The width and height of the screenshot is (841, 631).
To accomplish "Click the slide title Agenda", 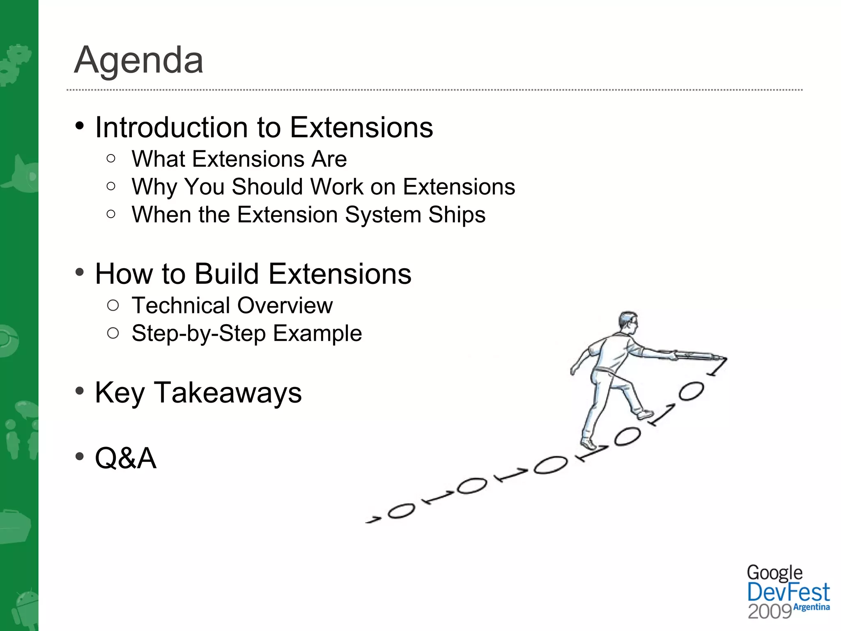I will [x=139, y=60].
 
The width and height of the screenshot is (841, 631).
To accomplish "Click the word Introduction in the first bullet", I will [x=172, y=127].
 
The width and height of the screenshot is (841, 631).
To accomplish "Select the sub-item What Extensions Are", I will [x=239, y=159].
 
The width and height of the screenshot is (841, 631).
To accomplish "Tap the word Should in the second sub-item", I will [x=267, y=187].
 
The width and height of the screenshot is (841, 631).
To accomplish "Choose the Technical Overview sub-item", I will [x=232, y=306].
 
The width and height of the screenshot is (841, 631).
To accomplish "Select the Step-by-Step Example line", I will [x=246, y=333].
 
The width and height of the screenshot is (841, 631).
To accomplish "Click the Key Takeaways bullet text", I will [x=198, y=393].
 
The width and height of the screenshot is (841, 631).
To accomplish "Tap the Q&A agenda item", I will [x=126, y=458].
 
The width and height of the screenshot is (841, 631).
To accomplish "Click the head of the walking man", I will [x=628, y=322].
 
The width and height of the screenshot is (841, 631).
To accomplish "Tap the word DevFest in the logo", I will [x=788, y=593].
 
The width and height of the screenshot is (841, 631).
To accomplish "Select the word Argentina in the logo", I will [x=811, y=607].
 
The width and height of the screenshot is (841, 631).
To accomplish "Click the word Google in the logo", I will [x=774, y=573].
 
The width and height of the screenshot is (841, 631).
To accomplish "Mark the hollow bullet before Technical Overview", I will [x=113, y=306].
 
